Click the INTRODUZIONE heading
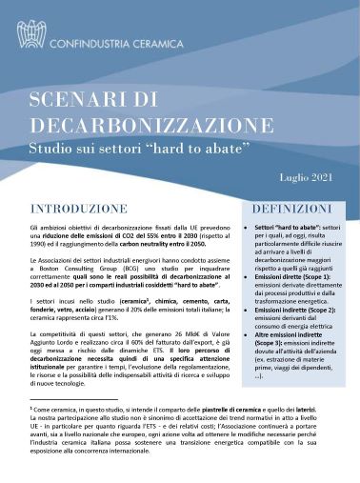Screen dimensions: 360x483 click(79, 208)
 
